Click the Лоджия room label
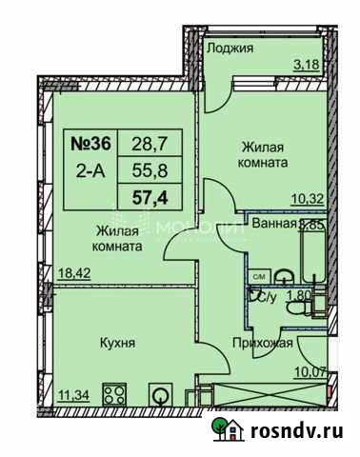[x=231, y=48]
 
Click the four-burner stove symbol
[x=115, y=395]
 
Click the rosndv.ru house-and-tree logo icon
[x=225, y=430]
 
